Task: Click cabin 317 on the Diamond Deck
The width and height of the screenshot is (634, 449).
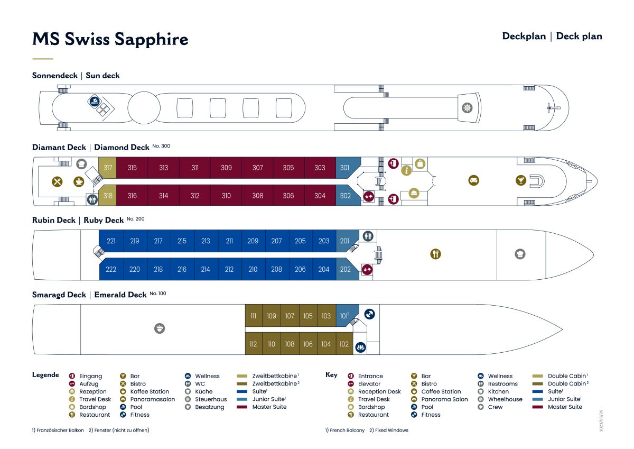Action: point(108,168)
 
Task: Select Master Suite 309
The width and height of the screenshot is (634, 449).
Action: point(226,168)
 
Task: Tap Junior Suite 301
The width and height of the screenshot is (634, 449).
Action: point(347,168)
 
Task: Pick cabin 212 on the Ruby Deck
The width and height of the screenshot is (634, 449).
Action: point(229,269)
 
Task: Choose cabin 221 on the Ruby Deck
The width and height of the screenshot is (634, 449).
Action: point(111,241)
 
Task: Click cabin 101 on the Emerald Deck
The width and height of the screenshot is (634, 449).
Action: point(346,316)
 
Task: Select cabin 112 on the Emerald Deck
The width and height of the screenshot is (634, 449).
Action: point(253,344)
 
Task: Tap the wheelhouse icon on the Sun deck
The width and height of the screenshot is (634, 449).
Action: point(467,108)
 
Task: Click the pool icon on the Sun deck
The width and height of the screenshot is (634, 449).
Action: point(95,101)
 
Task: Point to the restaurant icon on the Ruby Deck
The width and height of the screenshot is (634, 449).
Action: point(435,254)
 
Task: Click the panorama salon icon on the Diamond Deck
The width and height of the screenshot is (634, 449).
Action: point(474,180)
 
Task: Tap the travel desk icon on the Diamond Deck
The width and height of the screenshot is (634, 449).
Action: point(406,170)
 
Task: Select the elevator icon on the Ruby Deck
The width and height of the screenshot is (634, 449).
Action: point(367,270)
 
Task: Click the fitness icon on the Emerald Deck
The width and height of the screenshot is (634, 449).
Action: point(369,314)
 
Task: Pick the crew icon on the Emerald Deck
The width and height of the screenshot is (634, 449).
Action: point(160,328)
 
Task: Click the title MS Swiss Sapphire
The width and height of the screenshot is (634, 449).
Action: point(110,39)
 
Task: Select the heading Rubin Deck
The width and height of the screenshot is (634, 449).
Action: point(54,220)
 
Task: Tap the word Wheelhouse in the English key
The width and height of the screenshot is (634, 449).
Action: point(505,399)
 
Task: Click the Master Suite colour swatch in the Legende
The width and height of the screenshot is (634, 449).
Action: point(242,407)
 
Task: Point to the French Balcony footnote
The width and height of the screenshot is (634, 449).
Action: point(344,430)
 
